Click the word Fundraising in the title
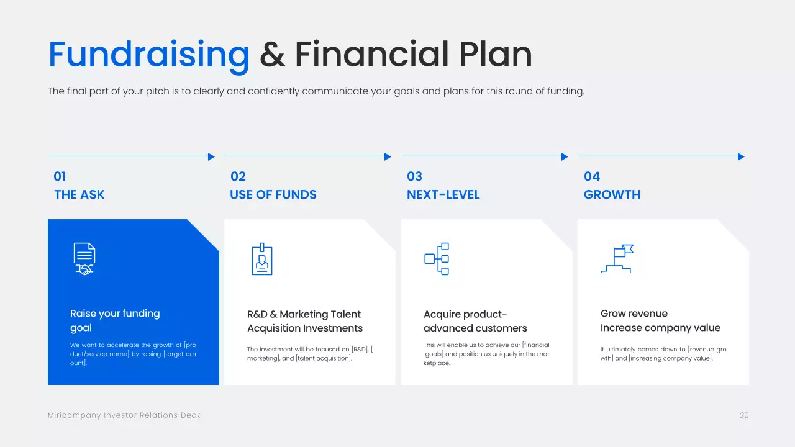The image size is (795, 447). (x=149, y=55)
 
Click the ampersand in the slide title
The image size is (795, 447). (x=272, y=55)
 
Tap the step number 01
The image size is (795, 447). (x=60, y=176)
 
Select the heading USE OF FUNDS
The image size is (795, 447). (x=273, y=195)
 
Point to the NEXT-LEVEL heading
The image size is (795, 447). (x=443, y=195)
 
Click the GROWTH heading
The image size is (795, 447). (x=612, y=195)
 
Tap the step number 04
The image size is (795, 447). (x=592, y=176)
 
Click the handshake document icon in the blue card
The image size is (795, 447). (x=84, y=259)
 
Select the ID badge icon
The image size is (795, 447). (x=262, y=259)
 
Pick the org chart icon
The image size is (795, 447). (x=437, y=259)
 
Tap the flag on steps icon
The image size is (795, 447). (x=617, y=259)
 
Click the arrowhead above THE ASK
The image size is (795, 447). (x=211, y=157)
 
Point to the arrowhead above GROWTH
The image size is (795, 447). (x=741, y=157)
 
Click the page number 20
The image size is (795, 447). (x=744, y=415)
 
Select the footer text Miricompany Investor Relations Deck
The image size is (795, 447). (x=124, y=415)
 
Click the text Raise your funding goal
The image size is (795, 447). (x=115, y=320)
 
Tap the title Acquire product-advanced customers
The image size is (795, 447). (x=475, y=321)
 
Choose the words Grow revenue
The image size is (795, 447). (x=634, y=314)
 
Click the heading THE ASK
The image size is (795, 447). (x=79, y=195)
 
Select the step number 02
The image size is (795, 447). (x=238, y=176)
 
